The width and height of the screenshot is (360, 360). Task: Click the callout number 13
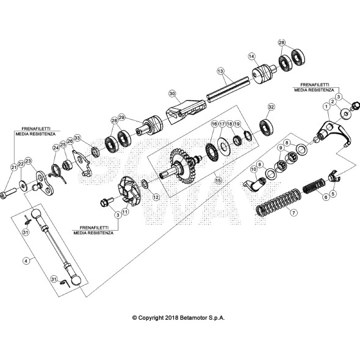(220, 71)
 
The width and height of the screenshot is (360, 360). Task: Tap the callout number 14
(251, 56)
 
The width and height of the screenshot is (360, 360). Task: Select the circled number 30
(172, 93)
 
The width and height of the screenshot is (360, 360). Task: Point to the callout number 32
(271, 107)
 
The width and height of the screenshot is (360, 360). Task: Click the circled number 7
(293, 213)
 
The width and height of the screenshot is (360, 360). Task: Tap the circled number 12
(156, 197)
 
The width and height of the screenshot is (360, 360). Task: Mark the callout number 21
(13, 167)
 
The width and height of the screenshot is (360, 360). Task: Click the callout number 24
(56, 147)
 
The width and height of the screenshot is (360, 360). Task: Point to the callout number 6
(325, 196)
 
